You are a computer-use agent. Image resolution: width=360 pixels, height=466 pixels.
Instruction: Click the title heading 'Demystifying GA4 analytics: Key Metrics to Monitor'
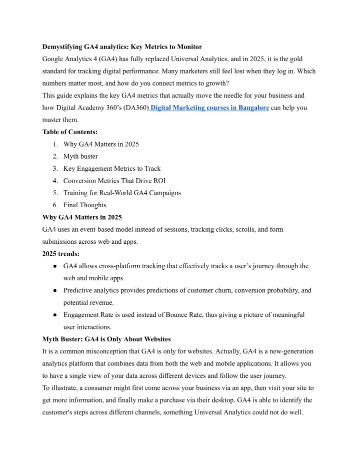pyautogui.click(x=122, y=47)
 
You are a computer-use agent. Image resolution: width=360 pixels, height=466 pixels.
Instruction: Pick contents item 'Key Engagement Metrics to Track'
pyautogui.click(x=112, y=168)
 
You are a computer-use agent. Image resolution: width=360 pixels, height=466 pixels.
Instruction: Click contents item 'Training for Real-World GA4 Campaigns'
pyautogui.click(x=122, y=193)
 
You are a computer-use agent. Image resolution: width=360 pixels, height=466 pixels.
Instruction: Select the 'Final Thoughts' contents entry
pyautogui.click(x=85, y=205)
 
